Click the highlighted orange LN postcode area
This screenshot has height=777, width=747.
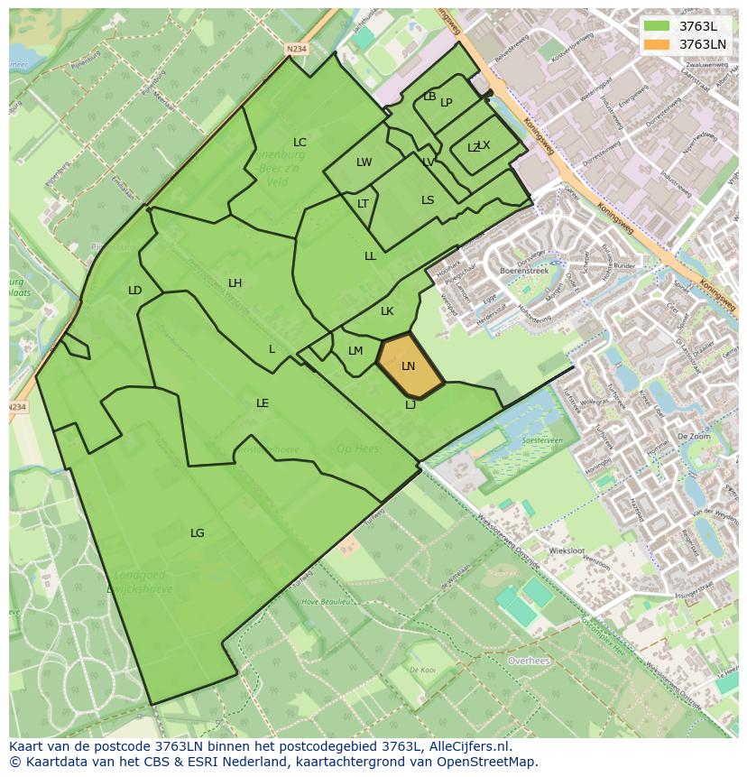tap(409, 365)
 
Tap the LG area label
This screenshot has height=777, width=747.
tap(197, 533)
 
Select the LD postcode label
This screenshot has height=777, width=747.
tap(134, 291)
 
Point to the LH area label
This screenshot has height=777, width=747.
tap(235, 283)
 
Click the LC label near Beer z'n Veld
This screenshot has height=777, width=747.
tap(300, 143)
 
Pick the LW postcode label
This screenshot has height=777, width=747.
tap(364, 163)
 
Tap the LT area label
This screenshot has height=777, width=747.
tap(363, 204)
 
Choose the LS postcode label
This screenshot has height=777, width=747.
tap(428, 200)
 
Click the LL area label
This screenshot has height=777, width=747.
tap(370, 256)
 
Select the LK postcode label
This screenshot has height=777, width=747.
tap(387, 311)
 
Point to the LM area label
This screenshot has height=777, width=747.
tap(355, 351)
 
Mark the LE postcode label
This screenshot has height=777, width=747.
tap(262, 403)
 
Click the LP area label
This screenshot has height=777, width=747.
tap(447, 103)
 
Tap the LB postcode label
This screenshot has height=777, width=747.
tap(429, 97)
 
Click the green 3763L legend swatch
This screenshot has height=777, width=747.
tap(657, 26)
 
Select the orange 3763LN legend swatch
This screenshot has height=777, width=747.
tap(657, 44)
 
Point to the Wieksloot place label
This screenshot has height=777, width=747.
tap(567, 550)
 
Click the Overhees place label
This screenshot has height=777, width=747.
tap(529, 661)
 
